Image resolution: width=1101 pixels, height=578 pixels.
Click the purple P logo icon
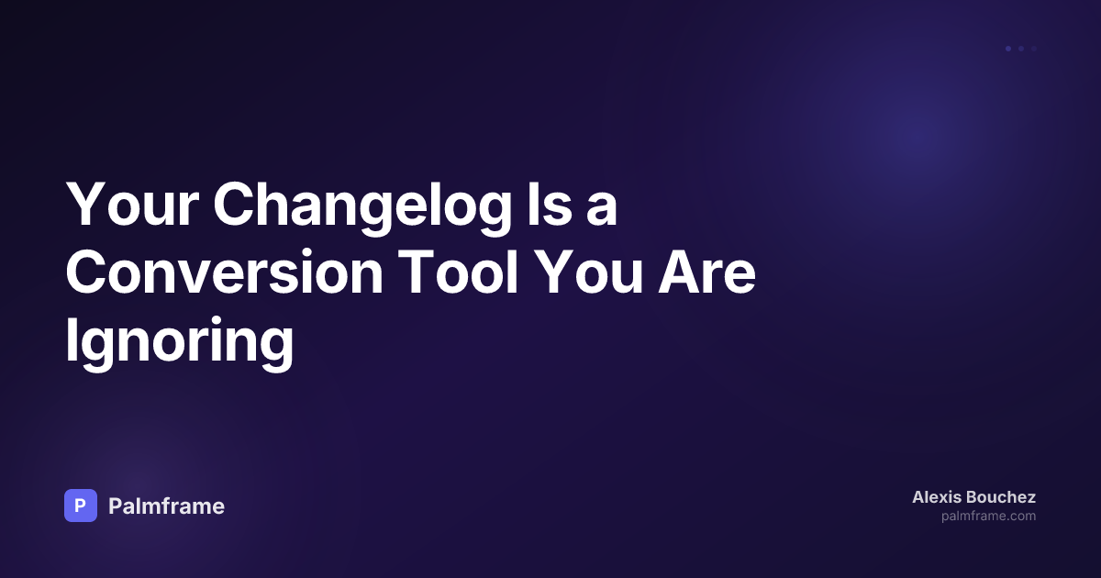(x=81, y=506)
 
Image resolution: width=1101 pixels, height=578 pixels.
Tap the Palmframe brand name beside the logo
(x=166, y=506)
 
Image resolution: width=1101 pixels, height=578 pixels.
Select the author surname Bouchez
(x=1003, y=497)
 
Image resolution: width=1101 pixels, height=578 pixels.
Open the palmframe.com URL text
(x=988, y=517)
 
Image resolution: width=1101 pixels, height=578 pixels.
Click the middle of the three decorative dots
(x=1021, y=49)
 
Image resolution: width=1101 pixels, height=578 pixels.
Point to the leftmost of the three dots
(x=1008, y=49)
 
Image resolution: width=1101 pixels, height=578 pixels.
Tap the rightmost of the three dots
(x=1034, y=49)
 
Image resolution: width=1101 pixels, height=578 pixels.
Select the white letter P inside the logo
(x=81, y=506)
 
